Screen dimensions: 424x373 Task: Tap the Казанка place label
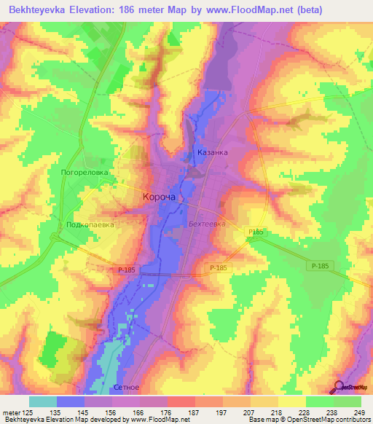click(x=213, y=152)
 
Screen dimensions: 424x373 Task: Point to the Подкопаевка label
click(x=90, y=225)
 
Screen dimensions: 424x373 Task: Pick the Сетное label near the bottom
click(x=127, y=388)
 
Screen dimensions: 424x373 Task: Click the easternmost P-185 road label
click(x=318, y=266)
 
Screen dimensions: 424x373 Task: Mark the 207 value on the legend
click(x=250, y=412)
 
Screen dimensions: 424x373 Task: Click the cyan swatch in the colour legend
click(x=43, y=401)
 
